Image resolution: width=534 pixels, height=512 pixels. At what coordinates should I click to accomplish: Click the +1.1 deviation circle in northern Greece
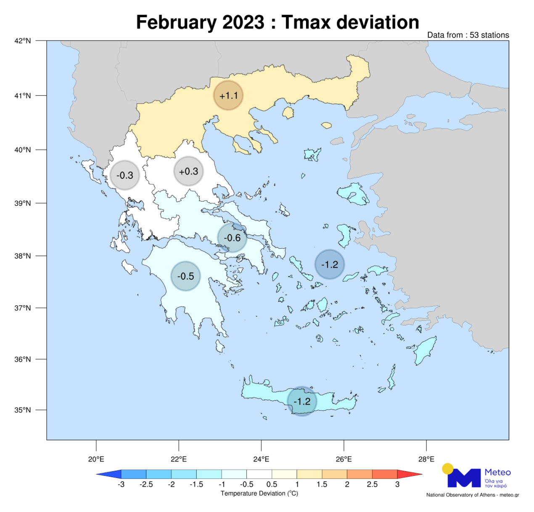tap(228, 95)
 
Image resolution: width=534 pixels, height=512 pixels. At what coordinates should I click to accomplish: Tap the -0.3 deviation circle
tap(124, 175)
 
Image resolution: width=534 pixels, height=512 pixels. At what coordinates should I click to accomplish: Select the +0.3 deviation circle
tap(188, 171)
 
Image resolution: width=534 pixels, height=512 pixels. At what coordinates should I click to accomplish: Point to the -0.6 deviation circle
tap(232, 238)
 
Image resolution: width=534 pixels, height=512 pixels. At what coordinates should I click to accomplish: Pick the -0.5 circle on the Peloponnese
tap(185, 276)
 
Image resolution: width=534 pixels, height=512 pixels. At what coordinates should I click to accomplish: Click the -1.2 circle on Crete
tap(302, 401)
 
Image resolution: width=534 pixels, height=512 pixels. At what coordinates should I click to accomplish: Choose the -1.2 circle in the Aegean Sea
tap(330, 264)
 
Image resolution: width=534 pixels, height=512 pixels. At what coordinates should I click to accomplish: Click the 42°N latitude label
tap(23, 41)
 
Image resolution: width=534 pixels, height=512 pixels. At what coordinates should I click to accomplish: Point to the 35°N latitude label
tap(23, 410)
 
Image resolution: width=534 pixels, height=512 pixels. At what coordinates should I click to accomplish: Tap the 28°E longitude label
tap(426, 459)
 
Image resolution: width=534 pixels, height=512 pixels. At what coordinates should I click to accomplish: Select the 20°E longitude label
tap(96, 459)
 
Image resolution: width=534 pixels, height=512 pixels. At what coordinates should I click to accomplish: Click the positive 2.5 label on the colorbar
tap(372, 484)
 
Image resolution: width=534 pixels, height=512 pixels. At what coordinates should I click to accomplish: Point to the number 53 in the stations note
tap(474, 35)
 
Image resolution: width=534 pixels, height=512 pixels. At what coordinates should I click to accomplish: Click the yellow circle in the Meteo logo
tap(448, 469)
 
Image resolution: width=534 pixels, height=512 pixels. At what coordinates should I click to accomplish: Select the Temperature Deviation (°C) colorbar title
tap(259, 493)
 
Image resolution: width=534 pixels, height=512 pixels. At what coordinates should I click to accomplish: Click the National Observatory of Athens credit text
tap(473, 495)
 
